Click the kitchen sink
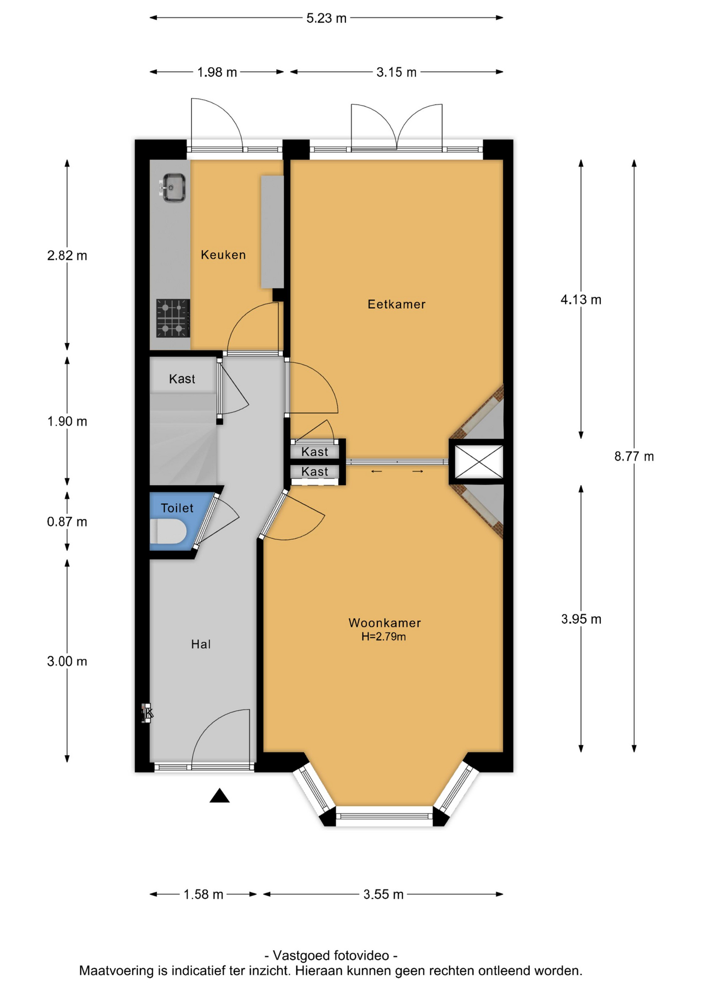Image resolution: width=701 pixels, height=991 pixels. (x=173, y=188)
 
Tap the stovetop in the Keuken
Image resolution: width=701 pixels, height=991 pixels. (x=173, y=318)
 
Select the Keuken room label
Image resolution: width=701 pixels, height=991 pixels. (x=223, y=254)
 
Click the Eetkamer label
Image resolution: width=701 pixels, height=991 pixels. (x=396, y=304)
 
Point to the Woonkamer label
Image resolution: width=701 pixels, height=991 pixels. (x=385, y=622)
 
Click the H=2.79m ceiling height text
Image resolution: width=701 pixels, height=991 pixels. (x=384, y=637)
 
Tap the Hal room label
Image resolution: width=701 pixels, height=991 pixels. (x=201, y=644)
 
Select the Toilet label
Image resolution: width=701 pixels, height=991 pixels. (x=177, y=508)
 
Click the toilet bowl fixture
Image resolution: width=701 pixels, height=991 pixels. (x=168, y=532)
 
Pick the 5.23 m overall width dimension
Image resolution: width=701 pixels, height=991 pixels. (x=326, y=18)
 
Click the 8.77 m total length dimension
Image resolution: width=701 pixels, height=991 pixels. (x=634, y=456)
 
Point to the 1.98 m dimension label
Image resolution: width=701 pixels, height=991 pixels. (x=217, y=72)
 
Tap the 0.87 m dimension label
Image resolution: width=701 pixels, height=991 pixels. (x=67, y=522)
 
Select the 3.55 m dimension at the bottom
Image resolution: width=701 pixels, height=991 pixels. (x=383, y=894)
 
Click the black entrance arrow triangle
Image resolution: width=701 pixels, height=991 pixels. (x=219, y=795)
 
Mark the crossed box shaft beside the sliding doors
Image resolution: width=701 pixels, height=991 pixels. (x=479, y=461)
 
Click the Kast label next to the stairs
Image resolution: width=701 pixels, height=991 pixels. (x=182, y=379)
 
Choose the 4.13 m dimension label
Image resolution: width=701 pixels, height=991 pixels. (x=581, y=300)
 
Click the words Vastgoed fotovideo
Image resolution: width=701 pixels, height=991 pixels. (x=331, y=955)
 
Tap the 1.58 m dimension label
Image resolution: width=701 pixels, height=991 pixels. (x=203, y=894)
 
